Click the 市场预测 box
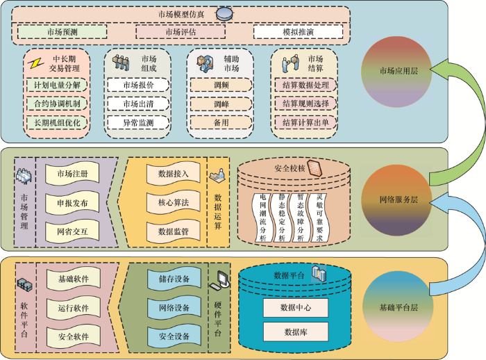coord(62,32)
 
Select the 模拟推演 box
coord(298,32)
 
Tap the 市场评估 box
coord(181,32)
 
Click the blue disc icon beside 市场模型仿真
coord(224,14)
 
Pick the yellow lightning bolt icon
coord(35,64)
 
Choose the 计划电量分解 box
coord(57,85)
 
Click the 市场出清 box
coord(138,104)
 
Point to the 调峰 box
coord(221,104)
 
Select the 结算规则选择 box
coord(305,104)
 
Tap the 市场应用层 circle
coord(397,72)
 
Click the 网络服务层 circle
coord(397,200)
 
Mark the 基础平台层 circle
coord(398,306)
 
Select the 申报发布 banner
coord(72,203)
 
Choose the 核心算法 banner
coord(174,203)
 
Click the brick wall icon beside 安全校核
coord(315,168)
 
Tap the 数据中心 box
coord(296,308)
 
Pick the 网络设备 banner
coord(174,308)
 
